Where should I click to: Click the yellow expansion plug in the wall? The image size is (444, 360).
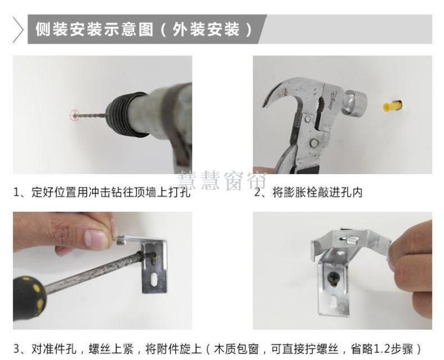392,106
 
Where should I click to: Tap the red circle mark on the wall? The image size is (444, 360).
74,115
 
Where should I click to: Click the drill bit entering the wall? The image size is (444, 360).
90,115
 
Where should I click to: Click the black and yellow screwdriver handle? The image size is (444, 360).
29,297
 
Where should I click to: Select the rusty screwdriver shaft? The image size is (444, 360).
93,272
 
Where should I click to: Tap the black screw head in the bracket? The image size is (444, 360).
334,279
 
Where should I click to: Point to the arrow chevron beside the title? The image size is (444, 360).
18,29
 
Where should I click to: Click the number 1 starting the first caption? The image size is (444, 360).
17,192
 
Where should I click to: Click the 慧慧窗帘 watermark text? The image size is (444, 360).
222,181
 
